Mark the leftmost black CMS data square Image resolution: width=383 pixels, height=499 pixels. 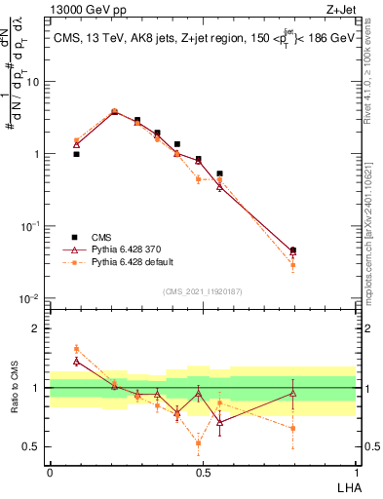(76, 154)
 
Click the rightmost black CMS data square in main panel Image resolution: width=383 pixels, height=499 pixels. (293, 250)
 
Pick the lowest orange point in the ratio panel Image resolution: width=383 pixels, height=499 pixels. (199, 443)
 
